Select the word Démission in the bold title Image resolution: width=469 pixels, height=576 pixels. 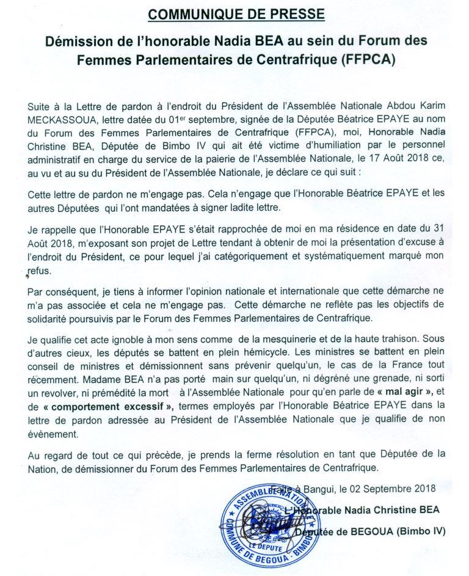(x=75, y=42)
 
